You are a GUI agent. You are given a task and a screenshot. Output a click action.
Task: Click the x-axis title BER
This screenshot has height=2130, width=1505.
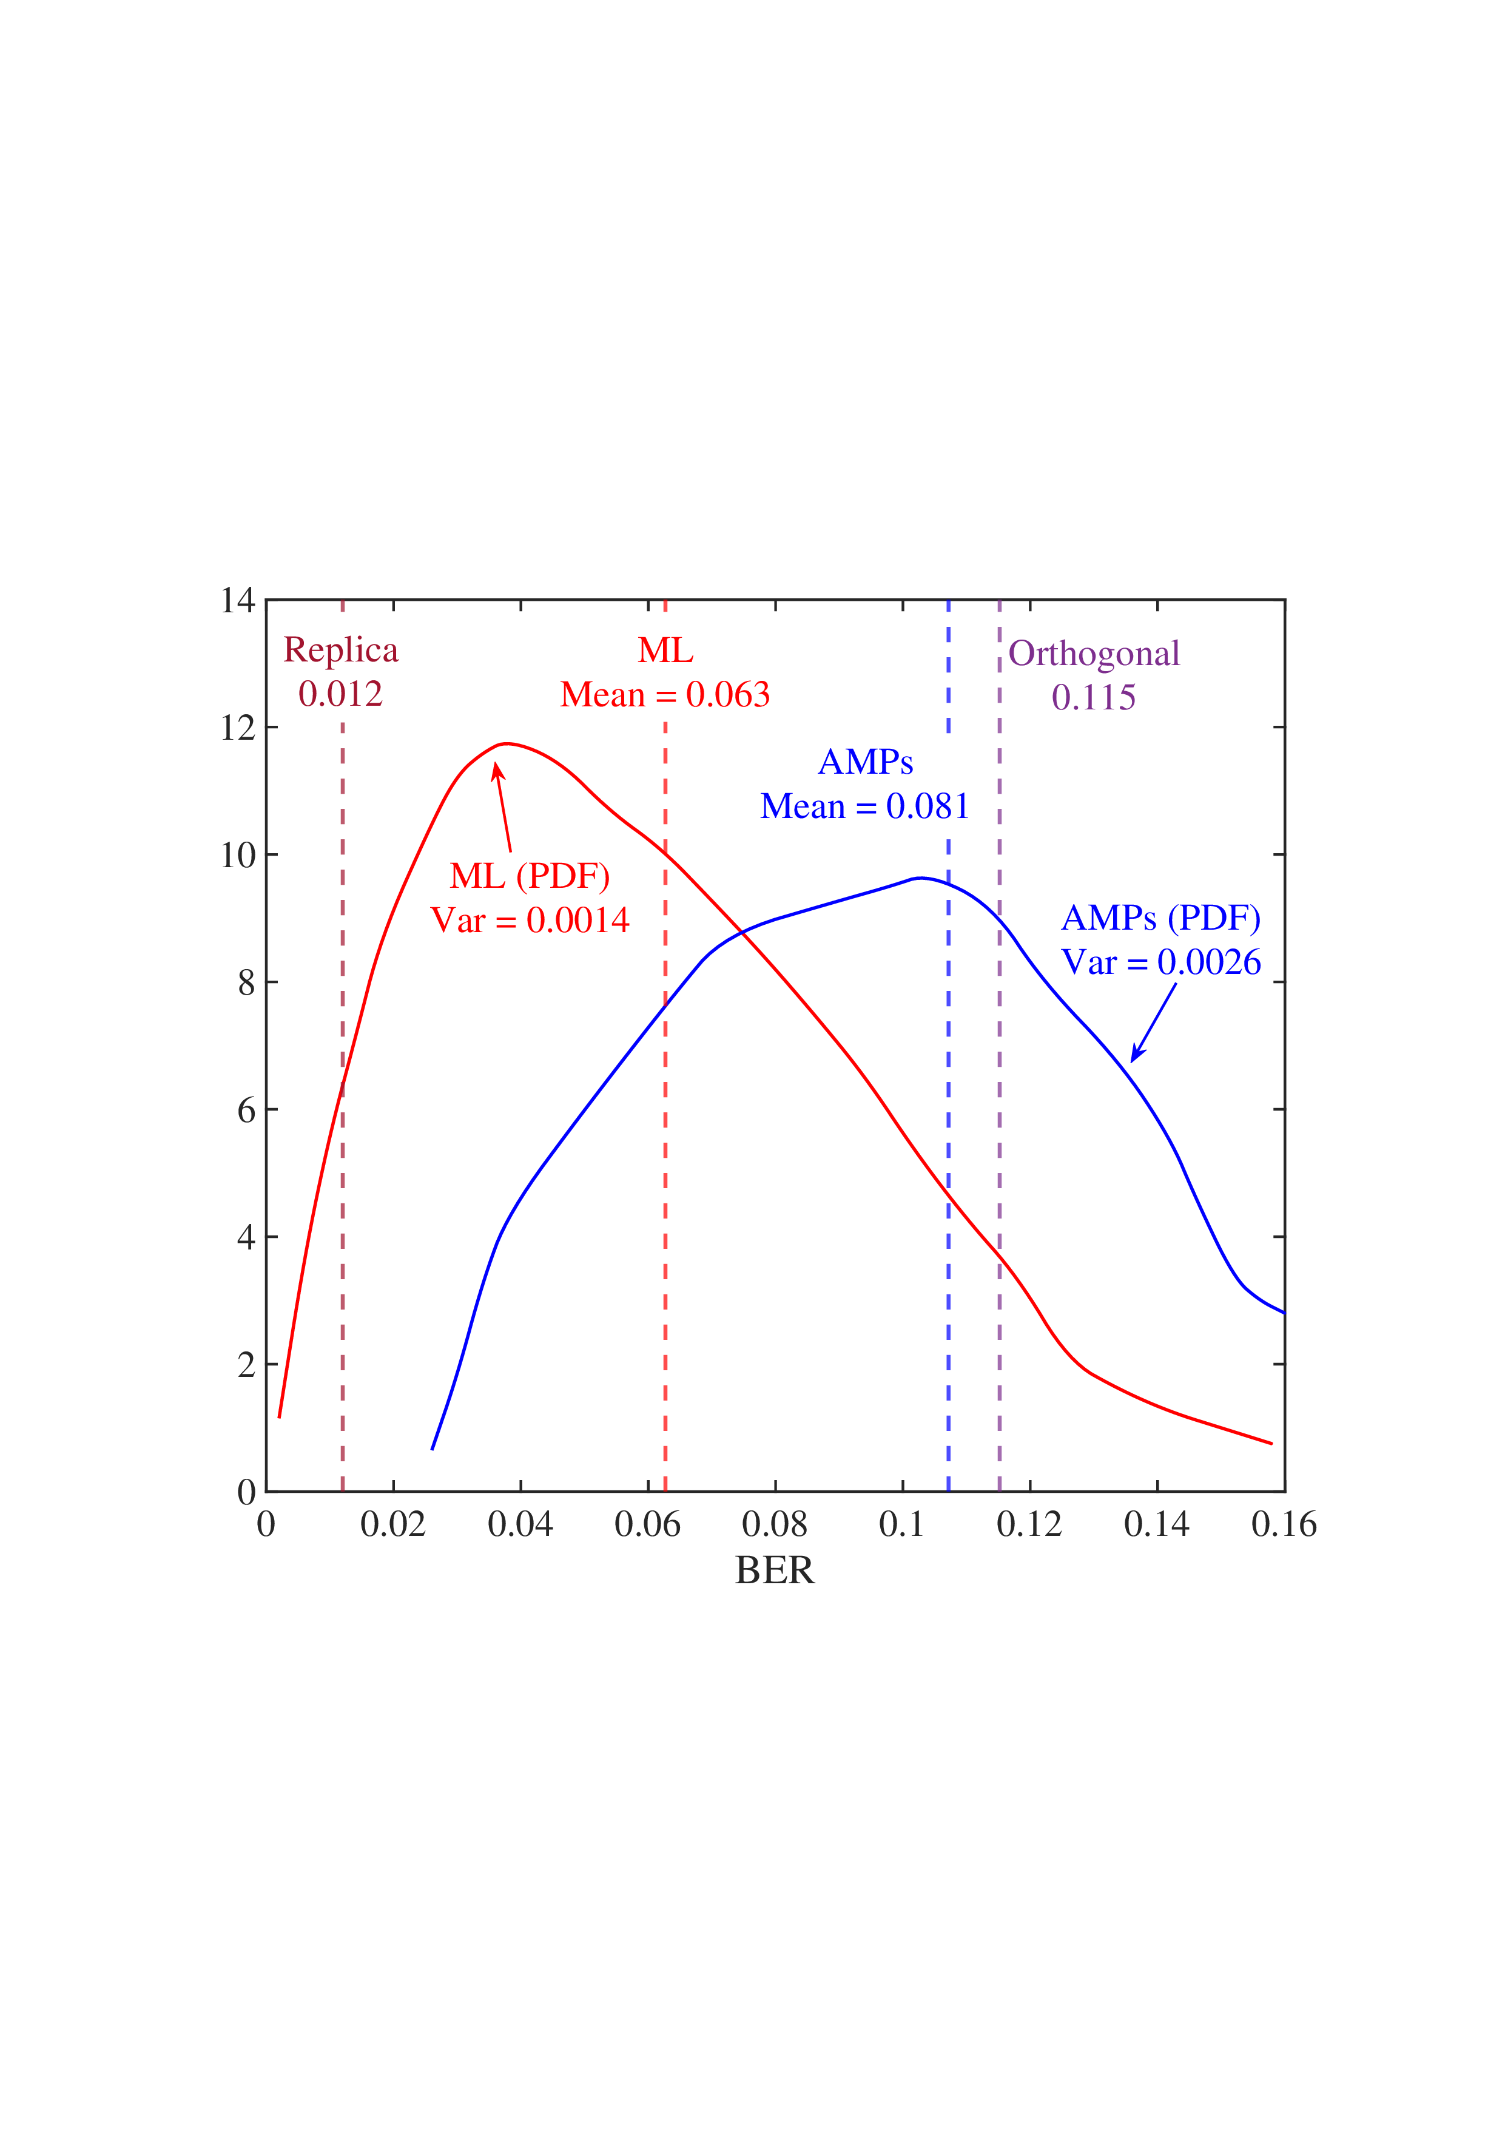pyautogui.click(x=774, y=1570)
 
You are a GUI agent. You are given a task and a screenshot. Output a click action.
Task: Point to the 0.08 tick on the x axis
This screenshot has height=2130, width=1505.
pyautogui.click(x=774, y=1524)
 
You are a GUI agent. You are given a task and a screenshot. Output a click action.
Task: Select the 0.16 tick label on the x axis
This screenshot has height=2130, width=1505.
pyautogui.click(x=1284, y=1524)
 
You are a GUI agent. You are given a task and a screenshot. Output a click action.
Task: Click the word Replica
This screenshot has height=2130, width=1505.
pyautogui.click(x=340, y=651)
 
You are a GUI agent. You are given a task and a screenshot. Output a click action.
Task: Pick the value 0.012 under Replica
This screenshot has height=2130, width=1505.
pyautogui.click(x=340, y=694)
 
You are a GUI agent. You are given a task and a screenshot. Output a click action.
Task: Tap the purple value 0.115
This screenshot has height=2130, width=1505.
pyautogui.click(x=1093, y=698)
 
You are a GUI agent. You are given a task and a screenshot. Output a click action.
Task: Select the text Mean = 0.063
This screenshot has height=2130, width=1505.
pyautogui.click(x=665, y=695)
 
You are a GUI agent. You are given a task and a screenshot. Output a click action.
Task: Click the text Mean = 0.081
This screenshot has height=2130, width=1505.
pyautogui.click(x=864, y=806)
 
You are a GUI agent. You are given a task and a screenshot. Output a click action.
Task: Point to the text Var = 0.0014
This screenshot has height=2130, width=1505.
pyautogui.click(x=530, y=921)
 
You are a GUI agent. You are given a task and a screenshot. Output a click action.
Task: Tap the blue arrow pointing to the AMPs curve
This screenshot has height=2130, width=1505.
pyautogui.click(x=1154, y=1021)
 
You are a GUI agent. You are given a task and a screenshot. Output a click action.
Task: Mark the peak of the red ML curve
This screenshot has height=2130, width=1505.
pyautogui.click(x=507, y=743)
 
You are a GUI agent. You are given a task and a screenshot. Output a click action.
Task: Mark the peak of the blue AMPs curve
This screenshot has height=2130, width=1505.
pyautogui.click(x=918, y=877)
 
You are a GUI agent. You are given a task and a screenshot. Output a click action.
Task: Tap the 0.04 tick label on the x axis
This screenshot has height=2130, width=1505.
pyautogui.click(x=520, y=1524)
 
